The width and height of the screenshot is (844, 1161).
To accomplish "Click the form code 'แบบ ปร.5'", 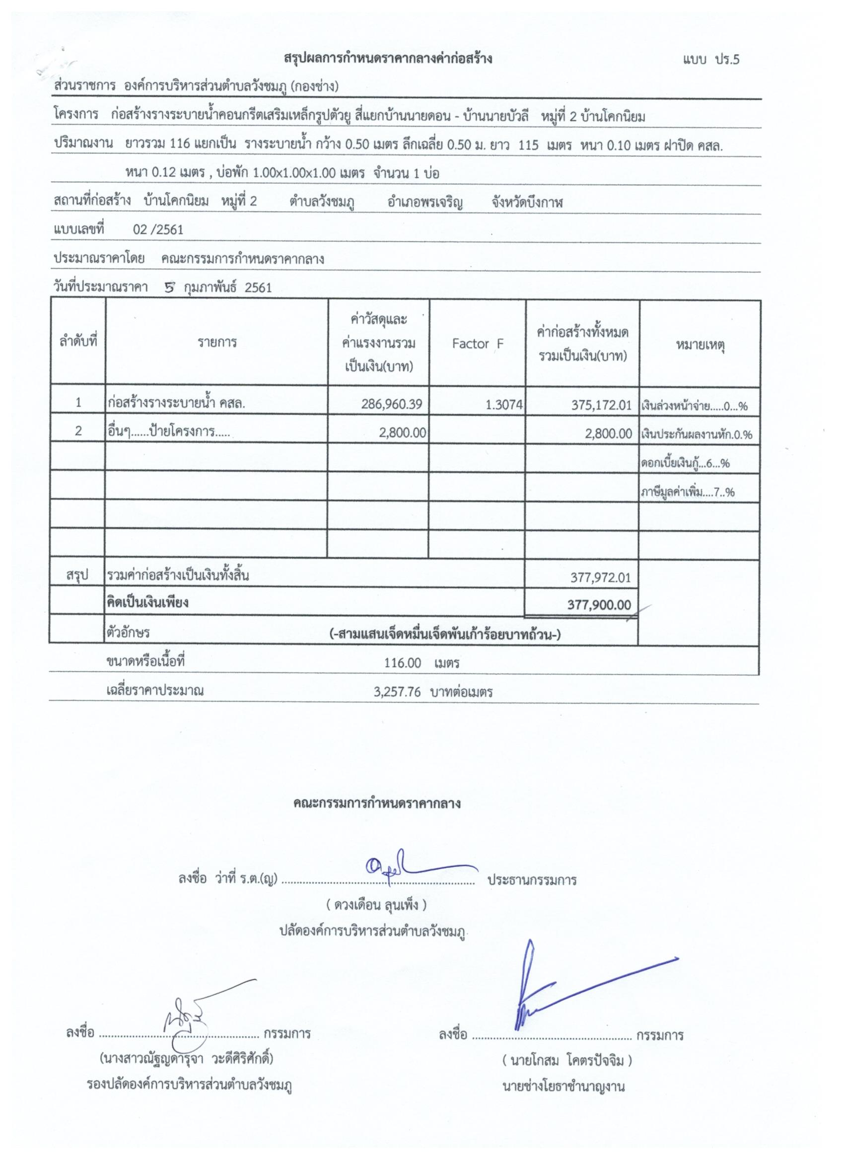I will pyautogui.click(x=710, y=60).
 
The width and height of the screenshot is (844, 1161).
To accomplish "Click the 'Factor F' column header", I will pyautogui.click(x=478, y=344).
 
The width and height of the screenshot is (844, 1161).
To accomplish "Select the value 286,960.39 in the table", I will pyautogui.click(x=392, y=404).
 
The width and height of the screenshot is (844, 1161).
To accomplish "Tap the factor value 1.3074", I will pyautogui.click(x=504, y=405).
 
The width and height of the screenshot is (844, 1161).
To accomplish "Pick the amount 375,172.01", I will pyautogui.click(x=601, y=405).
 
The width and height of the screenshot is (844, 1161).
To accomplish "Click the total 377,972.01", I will pyautogui.click(x=600, y=578).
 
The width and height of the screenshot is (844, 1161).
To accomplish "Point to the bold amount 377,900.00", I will pyautogui.click(x=599, y=604).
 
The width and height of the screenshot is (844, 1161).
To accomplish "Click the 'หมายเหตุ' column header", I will pyautogui.click(x=699, y=345).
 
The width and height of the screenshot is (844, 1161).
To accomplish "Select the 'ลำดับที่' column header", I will pyautogui.click(x=78, y=341).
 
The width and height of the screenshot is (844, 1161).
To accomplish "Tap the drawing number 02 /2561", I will pyautogui.click(x=158, y=230).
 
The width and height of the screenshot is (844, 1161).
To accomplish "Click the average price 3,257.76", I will pyautogui.click(x=397, y=692).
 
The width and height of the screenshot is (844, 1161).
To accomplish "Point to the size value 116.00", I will pyautogui.click(x=402, y=663).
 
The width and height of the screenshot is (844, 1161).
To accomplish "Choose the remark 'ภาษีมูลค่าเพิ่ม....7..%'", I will pyautogui.click(x=688, y=493).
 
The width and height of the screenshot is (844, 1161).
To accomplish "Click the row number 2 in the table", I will pyautogui.click(x=78, y=431).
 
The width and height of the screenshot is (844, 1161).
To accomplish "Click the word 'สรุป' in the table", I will pyautogui.click(x=77, y=576).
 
